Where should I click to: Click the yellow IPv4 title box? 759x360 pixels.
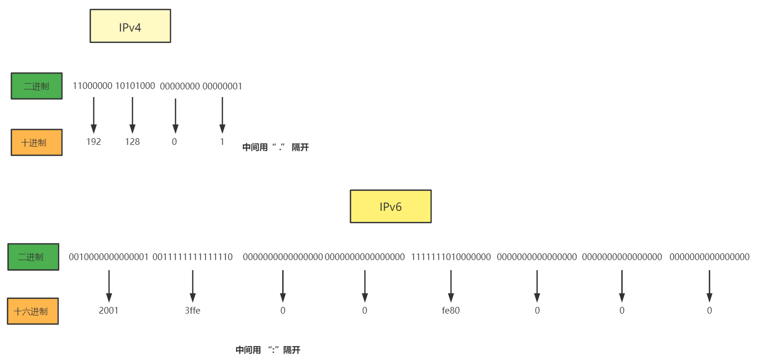pyautogui.click(x=130, y=26)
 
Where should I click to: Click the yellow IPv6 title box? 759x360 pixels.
pyautogui.click(x=390, y=207)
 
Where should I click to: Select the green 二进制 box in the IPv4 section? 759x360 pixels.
pyautogui.click(x=37, y=86)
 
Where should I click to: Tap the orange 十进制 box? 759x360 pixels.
pyautogui.click(x=37, y=142)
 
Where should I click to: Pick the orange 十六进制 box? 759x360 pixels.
pyautogui.click(x=33, y=311)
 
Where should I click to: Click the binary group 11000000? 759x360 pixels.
pyautogui.click(x=92, y=86)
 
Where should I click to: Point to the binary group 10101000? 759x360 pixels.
pyautogui.click(x=135, y=86)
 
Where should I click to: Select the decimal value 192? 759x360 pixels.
pyautogui.click(x=94, y=142)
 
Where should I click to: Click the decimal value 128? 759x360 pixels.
pyautogui.click(x=132, y=142)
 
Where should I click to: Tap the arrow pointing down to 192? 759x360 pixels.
pyautogui.click(x=94, y=115)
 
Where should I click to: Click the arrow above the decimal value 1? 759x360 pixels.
pyautogui.click(x=222, y=115)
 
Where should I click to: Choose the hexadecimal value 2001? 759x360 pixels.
pyautogui.click(x=109, y=311)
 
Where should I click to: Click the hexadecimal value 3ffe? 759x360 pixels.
pyautogui.click(x=193, y=311)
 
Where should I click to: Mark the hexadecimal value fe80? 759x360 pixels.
pyautogui.click(x=451, y=311)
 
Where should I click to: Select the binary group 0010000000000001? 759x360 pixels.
pyautogui.click(x=109, y=257)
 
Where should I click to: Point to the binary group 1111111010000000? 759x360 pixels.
pyautogui.click(x=451, y=257)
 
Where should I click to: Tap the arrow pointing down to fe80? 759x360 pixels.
pyautogui.click(x=451, y=285)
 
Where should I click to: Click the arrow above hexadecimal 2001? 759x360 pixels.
pyautogui.click(x=109, y=285)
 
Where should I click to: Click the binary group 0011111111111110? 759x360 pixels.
pyautogui.click(x=193, y=257)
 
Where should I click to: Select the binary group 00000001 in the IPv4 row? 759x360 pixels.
pyautogui.click(x=222, y=87)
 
